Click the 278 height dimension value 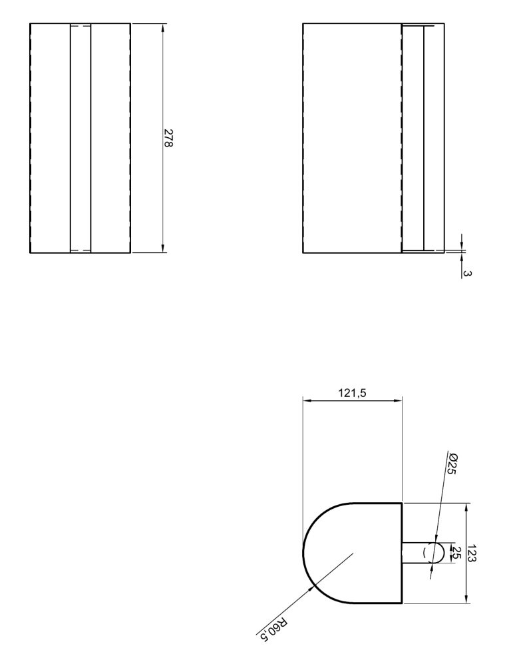click(169, 139)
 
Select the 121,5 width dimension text click(352, 393)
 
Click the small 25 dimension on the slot click(456, 552)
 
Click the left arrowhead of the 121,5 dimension click(307, 401)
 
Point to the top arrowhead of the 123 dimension click(466, 507)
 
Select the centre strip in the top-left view click(80, 139)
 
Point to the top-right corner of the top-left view click(130, 24)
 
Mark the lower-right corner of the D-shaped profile click(402, 603)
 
